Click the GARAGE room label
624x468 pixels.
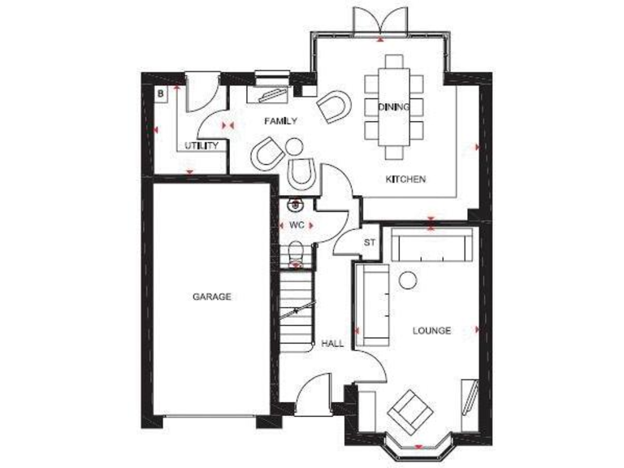click(x=211, y=297)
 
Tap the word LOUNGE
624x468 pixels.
click(x=431, y=331)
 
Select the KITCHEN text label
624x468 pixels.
click(x=405, y=179)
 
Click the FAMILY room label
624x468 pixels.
click(x=280, y=121)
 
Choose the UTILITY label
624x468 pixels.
click(x=200, y=146)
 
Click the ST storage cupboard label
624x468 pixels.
click(x=370, y=242)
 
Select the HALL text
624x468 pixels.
click(x=332, y=344)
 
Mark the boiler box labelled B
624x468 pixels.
click(x=161, y=93)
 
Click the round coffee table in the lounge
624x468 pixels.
click(x=408, y=280)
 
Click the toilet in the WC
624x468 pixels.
click(x=296, y=253)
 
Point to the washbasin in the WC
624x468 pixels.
click(x=296, y=205)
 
